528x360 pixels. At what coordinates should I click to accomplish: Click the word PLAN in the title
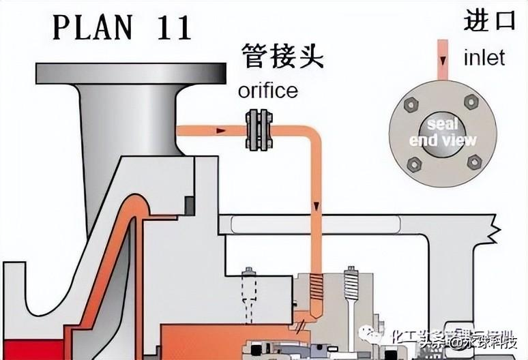coord(89,27)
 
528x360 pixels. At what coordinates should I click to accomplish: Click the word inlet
coord(484,57)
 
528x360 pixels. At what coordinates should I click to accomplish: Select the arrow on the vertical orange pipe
coord(317,205)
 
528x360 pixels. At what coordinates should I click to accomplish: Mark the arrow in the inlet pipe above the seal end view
coord(442,62)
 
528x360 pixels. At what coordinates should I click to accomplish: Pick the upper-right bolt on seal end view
coord(471,102)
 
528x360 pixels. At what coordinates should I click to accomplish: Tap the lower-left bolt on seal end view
coord(413,164)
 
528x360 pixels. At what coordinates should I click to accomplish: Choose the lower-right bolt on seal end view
coord(473,162)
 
